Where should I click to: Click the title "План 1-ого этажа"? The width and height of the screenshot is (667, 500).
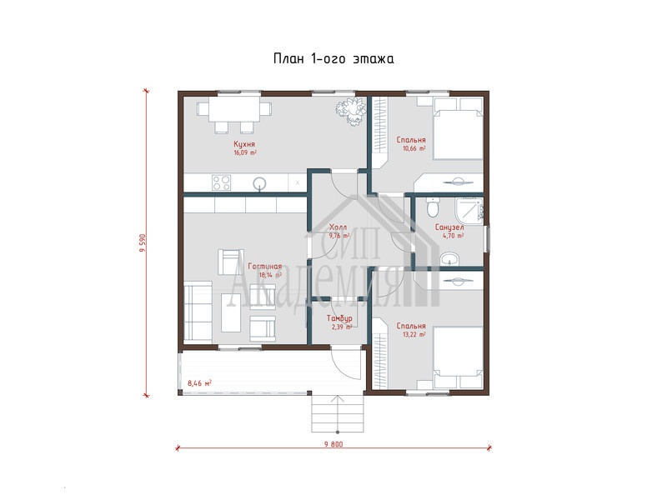333,58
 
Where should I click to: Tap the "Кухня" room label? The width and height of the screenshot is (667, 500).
244,144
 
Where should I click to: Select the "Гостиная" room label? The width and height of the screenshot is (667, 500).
264,267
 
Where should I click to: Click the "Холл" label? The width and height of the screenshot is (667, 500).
339,227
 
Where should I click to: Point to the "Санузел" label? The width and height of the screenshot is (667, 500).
449,227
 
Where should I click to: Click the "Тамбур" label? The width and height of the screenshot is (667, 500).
339,318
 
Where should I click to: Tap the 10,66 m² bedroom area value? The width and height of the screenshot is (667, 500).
414,149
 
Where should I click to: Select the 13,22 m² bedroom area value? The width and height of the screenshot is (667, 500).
414,335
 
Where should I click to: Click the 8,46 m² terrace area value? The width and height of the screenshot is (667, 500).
199,383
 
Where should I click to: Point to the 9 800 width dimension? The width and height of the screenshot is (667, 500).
333,444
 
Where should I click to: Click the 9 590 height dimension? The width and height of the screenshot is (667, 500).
143,242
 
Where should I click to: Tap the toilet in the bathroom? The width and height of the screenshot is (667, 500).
432,207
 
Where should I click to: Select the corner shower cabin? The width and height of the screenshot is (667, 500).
469,210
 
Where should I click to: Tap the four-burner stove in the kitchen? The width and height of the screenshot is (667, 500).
222,182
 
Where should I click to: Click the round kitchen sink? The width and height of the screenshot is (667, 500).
259,183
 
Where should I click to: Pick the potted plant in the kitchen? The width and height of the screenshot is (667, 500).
350,112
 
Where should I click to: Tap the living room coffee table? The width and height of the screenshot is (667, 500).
231,313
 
